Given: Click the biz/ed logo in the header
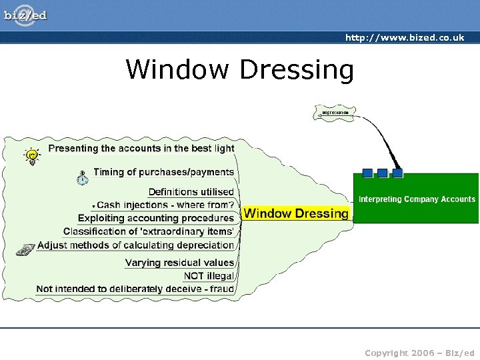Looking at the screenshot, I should coord(26,15).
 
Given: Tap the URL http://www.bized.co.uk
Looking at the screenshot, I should coord(404,37).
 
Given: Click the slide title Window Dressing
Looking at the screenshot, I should coord(240,69).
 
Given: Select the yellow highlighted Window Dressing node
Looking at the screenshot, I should coord(295,213).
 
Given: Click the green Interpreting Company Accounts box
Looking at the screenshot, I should coord(417,199).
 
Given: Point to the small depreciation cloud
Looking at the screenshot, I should coord(335,113).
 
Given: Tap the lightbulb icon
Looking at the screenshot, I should coord(31,156).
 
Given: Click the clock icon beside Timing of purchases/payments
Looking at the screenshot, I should coord(82,177).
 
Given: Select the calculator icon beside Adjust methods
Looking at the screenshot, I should coord(26,249).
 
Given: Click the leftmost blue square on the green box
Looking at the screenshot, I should coord(367,173).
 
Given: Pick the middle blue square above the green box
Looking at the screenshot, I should coord(382,173).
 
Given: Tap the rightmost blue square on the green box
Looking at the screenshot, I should coord(397,173).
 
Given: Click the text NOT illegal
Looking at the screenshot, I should coord(209,275).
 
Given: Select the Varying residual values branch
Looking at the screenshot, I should coord(180,263).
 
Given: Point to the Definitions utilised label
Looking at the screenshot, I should coord(191,192).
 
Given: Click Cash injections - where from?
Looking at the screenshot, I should coord(165,205).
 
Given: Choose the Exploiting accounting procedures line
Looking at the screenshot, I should coord(156,218).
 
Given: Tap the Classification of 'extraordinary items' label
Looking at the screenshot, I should coord(149,231).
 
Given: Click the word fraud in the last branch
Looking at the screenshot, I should coord(221,289).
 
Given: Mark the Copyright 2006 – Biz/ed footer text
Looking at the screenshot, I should coord(419,351).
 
